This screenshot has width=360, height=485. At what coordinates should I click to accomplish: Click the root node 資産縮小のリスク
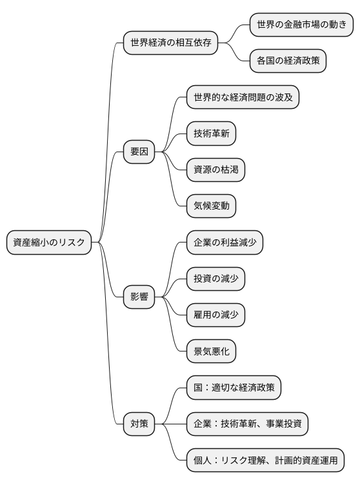49,242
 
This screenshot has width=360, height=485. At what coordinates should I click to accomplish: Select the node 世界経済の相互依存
170,43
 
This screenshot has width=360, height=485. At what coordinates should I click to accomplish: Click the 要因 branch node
139,152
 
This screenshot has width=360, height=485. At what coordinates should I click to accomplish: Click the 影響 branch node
139,297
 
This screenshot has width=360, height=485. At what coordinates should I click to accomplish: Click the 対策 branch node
139,424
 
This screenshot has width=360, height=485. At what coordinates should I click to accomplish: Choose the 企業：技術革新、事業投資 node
247,424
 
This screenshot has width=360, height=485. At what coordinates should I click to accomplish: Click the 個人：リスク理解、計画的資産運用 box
265,460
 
